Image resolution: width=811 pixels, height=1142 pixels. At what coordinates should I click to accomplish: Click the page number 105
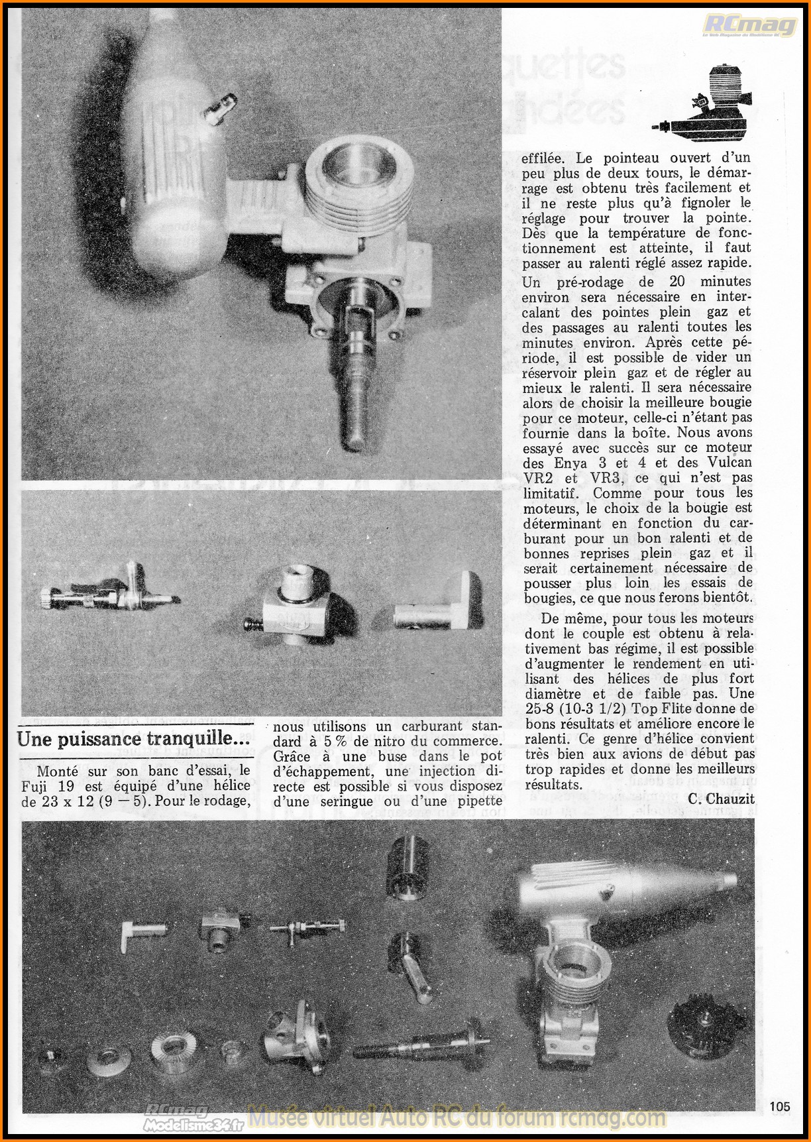tap(781, 1106)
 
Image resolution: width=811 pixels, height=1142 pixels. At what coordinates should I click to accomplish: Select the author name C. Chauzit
tap(721, 799)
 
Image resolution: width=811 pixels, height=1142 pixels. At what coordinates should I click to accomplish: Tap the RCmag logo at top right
tap(749, 25)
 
